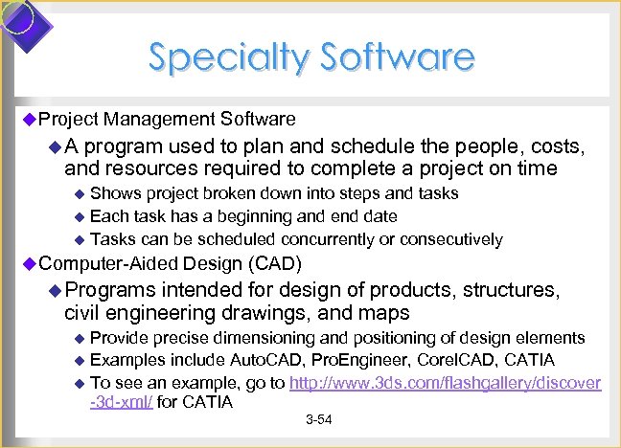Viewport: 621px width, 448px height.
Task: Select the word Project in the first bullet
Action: click(68, 119)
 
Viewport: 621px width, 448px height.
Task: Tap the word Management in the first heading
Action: click(161, 119)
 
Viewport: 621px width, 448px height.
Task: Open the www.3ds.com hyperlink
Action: click(446, 383)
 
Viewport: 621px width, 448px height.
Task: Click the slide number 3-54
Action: click(318, 422)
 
